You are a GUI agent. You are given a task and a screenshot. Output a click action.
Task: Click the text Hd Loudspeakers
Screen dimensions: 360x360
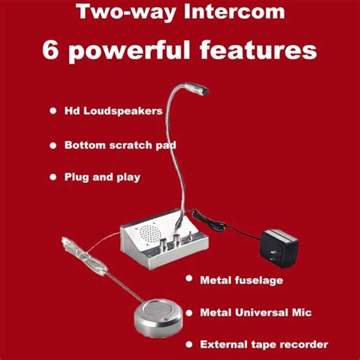(113, 111)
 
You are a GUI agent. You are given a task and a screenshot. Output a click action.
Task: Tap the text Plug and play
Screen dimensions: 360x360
(103, 177)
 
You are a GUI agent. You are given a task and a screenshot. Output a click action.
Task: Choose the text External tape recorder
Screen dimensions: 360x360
(264, 344)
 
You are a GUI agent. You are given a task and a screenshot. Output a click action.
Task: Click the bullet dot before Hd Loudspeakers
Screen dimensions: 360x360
(53, 111)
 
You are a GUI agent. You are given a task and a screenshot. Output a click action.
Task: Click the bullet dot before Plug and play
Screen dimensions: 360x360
(53, 176)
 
